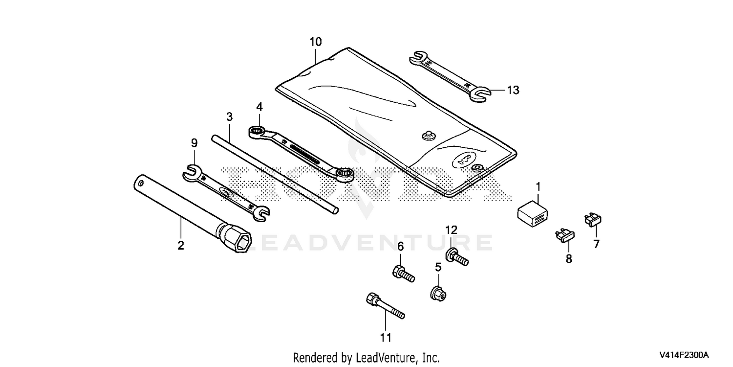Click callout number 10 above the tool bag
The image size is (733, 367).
pyautogui.click(x=316, y=42)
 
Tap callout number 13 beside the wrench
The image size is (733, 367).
pyautogui.click(x=513, y=90)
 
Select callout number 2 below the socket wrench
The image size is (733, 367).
pyautogui.click(x=181, y=246)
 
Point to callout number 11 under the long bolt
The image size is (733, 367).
pyautogui.click(x=386, y=338)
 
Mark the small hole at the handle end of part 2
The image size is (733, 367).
pyautogui.click(x=141, y=182)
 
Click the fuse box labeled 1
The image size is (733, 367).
pyautogui.click(x=533, y=214)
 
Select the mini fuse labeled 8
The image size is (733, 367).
pyautogui.click(x=565, y=236)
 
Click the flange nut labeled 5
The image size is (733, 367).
pyautogui.click(x=438, y=294)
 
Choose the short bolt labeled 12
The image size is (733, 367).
pyautogui.click(x=457, y=256)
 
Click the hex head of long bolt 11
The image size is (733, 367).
pyautogui.click(x=372, y=298)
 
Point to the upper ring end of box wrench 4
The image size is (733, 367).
pyautogui.click(x=257, y=132)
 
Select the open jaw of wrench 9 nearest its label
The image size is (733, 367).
pyautogui.click(x=193, y=173)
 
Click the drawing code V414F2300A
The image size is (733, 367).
pyautogui.click(x=684, y=355)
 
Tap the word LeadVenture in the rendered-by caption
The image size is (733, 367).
pyautogui.click(x=385, y=357)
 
